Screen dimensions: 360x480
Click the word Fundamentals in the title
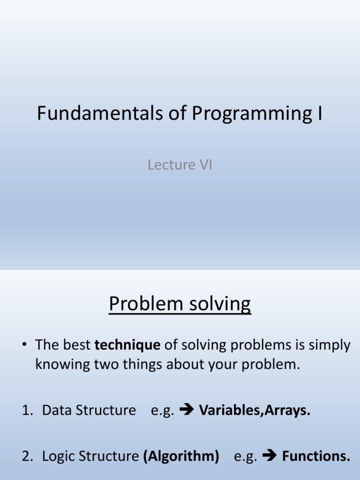coord(100,113)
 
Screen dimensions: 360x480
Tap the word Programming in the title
coord(252,114)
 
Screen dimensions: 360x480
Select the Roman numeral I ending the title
coord(320,113)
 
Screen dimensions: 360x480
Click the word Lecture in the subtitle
coord(172,165)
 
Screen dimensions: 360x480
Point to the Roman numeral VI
coord(206,165)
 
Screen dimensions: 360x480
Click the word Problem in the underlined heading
coord(146,303)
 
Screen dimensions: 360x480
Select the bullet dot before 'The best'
coord(24,345)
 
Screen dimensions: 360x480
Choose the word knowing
coord(63,365)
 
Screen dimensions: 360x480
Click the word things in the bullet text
coord(142,365)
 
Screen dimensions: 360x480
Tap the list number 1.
coord(27,410)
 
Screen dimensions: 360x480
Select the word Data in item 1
coord(57,410)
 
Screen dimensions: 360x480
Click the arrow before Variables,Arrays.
coord(187,409)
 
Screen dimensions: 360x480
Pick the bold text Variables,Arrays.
coord(255,411)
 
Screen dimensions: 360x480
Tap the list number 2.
coord(27,456)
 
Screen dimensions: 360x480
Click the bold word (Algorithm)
coord(181,456)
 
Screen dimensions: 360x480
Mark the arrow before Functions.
coord(270,456)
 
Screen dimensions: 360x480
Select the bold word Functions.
coord(316,456)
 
